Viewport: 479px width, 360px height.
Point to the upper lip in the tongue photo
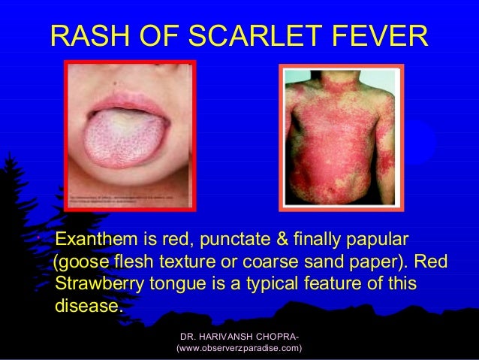pyautogui.click(x=128, y=101)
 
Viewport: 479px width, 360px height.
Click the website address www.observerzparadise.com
pyautogui.click(x=239, y=349)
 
